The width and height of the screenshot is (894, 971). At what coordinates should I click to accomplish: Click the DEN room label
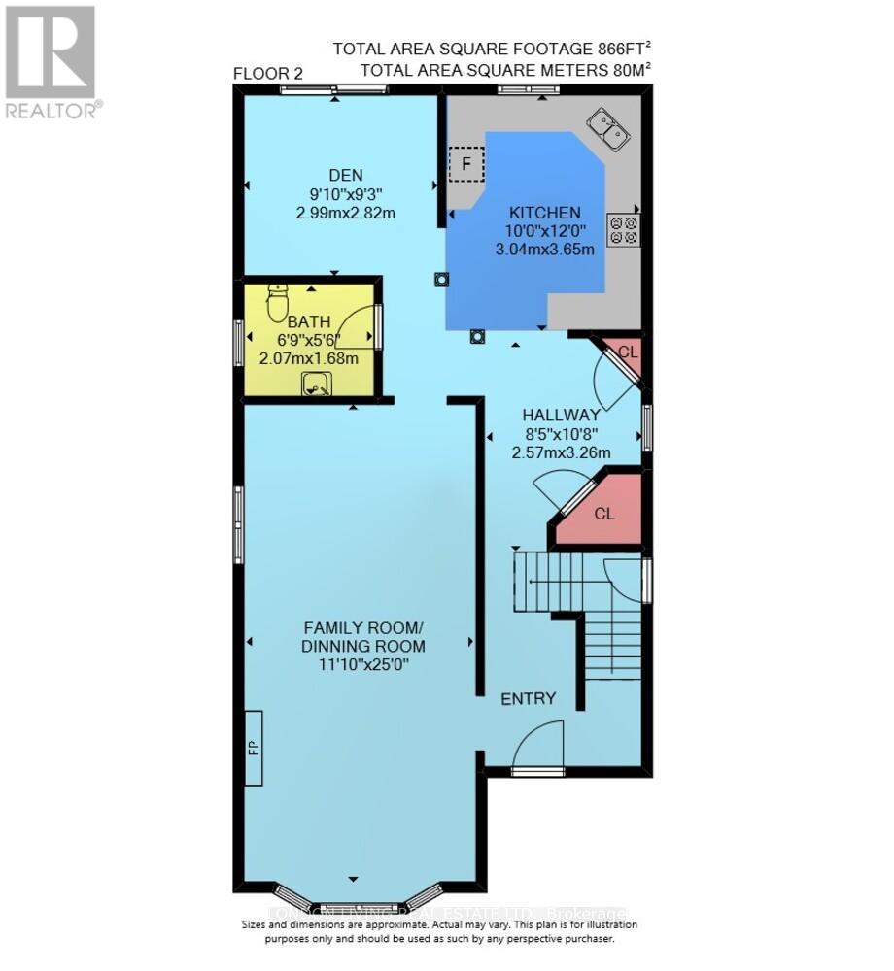click(345, 175)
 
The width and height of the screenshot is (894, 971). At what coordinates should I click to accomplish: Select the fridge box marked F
click(466, 164)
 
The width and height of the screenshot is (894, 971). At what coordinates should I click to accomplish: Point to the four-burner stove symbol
click(622, 229)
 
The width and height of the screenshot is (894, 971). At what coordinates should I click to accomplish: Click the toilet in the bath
click(277, 303)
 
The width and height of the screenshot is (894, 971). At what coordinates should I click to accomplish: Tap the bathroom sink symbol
click(314, 387)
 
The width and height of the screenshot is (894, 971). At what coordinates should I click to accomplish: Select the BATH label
click(309, 321)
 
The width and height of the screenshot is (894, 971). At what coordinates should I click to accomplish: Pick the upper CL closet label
click(628, 352)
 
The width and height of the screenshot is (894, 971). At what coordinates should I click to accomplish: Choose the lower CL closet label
click(604, 514)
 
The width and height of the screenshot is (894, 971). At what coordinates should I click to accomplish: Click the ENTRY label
click(528, 698)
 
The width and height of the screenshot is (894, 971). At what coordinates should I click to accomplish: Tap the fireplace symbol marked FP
click(254, 747)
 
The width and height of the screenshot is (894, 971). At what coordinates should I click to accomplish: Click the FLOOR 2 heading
click(267, 75)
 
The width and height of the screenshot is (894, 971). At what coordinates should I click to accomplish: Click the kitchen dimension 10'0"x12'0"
click(544, 231)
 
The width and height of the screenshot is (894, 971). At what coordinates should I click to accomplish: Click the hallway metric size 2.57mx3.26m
click(561, 452)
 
